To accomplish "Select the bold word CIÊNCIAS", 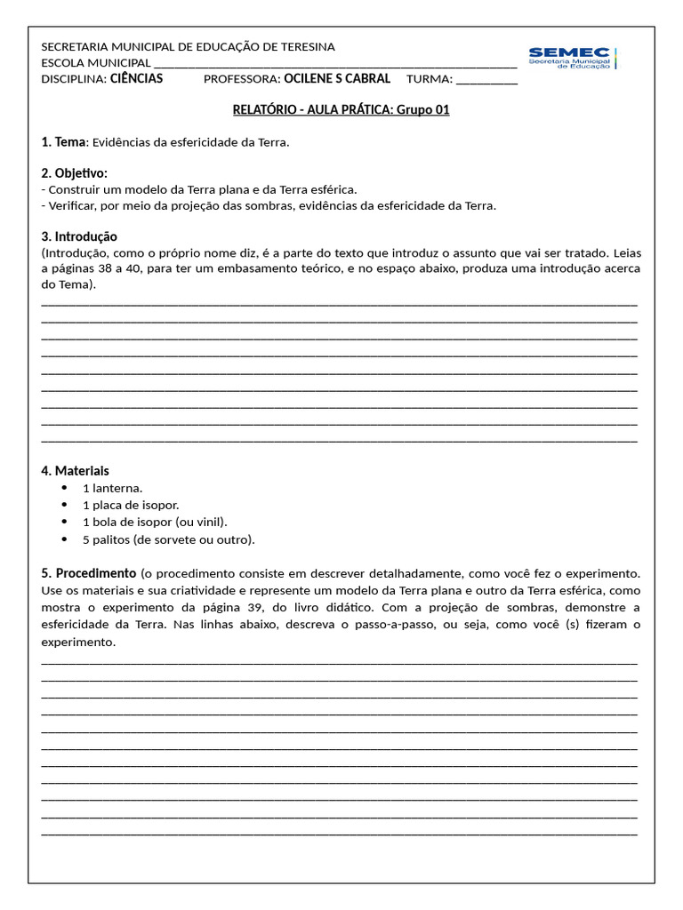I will (136, 79).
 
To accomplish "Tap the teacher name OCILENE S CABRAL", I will (336, 79).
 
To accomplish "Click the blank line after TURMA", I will (486, 80).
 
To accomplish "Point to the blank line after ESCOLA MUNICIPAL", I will (335, 64).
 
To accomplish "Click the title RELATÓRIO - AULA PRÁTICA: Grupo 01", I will (341, 110).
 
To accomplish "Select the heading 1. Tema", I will (63, 142).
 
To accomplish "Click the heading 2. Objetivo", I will (74, 173).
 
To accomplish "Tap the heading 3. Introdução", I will (79, 236).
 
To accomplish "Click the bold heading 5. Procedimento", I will (89, 573).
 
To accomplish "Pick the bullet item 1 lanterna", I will (112, 489).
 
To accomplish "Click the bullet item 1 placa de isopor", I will (131, 506).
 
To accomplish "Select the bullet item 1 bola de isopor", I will (155, 523).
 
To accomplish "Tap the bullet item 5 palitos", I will (168, 539).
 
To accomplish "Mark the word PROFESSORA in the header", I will (242, 79).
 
